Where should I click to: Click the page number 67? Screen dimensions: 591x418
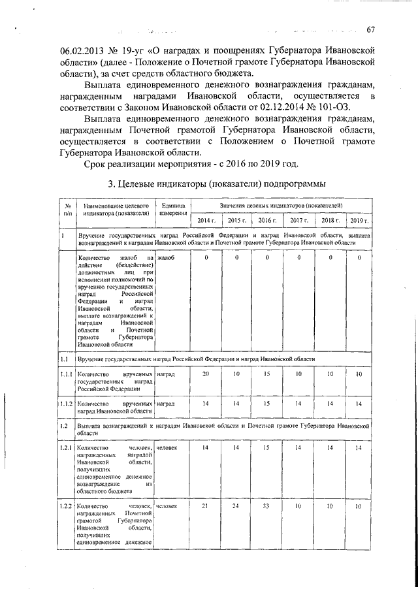tap(370, 29)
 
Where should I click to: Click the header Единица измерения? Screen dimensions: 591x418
tap(174, 209)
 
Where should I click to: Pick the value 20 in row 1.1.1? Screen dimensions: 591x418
tap(206, 374)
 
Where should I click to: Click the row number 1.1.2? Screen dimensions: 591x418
tap(66, 404)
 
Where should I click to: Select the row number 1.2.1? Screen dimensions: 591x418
tap(66, 447)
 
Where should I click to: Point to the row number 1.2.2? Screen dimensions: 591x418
tap(66, 507)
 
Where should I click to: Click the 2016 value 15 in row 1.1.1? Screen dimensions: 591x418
tap(266, 374)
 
